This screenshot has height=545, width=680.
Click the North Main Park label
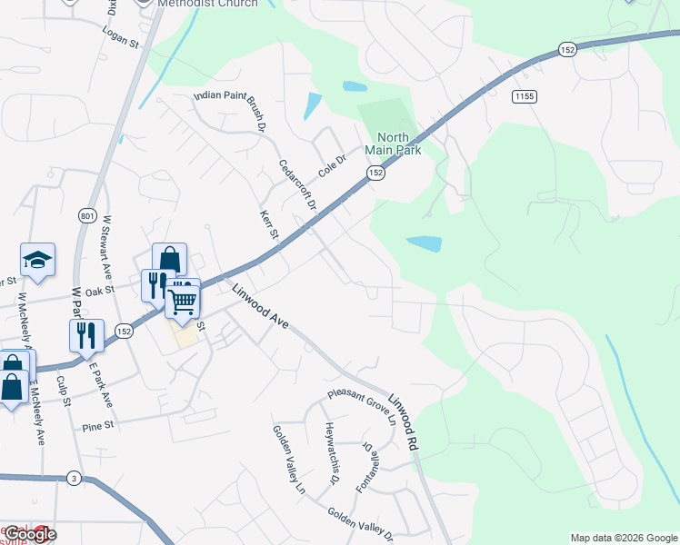point(393,144)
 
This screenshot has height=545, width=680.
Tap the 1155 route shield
point(523,96)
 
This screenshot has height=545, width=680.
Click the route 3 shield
point(73,478)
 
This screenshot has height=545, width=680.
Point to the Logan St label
point(120,42)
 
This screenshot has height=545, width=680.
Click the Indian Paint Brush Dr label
point(228,111)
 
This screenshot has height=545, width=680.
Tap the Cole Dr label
point(333,164)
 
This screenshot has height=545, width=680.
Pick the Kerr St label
point(267,224)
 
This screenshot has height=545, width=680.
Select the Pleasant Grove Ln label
point(363,409)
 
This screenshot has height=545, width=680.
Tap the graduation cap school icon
point(37,262)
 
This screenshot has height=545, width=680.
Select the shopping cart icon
point(183,301)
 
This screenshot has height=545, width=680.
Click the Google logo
point(29,534)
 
